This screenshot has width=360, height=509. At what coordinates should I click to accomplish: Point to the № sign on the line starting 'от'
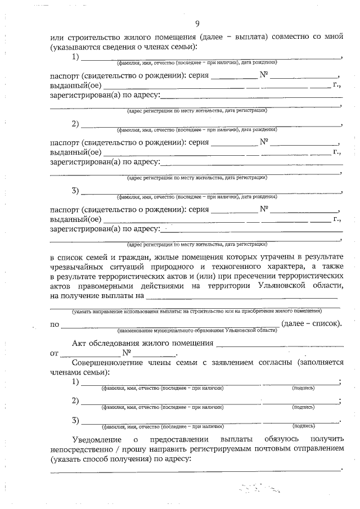click(x=128, y=353)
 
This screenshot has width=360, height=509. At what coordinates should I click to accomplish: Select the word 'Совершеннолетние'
click(x=110, y=363)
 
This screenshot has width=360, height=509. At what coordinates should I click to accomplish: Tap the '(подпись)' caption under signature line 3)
click(x=304, y=426)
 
